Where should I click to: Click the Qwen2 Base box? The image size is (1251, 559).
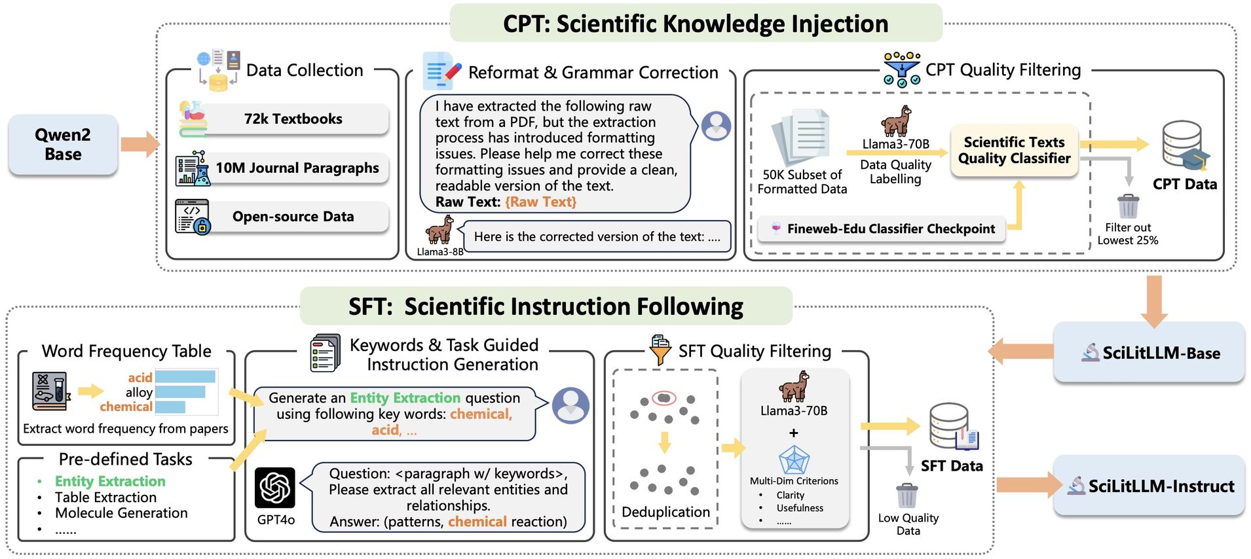(x=63, y=145)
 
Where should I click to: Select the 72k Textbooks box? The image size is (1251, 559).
(x=293, y=119)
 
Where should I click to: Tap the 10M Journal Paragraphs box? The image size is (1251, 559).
(x=297, y=168)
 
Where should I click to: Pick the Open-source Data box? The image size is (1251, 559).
(x=293, y=217)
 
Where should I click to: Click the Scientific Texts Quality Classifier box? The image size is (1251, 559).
(x=1014, y=151)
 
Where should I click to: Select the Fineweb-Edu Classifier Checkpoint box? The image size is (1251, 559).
(x=882, y=229)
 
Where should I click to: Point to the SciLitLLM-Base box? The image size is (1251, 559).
(x=1149, y=353)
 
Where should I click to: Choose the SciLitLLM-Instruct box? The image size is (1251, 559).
(x=1149, y=486)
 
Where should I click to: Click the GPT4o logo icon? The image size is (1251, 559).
(x=275, y=488)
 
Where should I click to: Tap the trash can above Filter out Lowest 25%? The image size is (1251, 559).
(x=1128, y=206)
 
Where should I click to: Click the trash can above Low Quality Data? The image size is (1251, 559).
(x=907, y=496)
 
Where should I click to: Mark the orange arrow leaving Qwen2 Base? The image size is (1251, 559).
(x=140, y=145)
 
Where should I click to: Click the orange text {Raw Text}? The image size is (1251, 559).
(x=540, y=202)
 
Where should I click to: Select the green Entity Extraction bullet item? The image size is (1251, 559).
(x=110, y=482)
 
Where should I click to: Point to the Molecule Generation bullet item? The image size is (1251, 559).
(x=121, y=513)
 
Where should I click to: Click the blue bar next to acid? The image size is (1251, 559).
(x=185, y=377)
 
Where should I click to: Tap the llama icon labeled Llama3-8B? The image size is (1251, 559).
(x=439, y=230)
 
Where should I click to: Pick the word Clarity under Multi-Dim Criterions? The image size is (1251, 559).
(x=791, y=496)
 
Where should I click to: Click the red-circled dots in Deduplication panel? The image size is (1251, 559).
(x=664, y=398)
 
